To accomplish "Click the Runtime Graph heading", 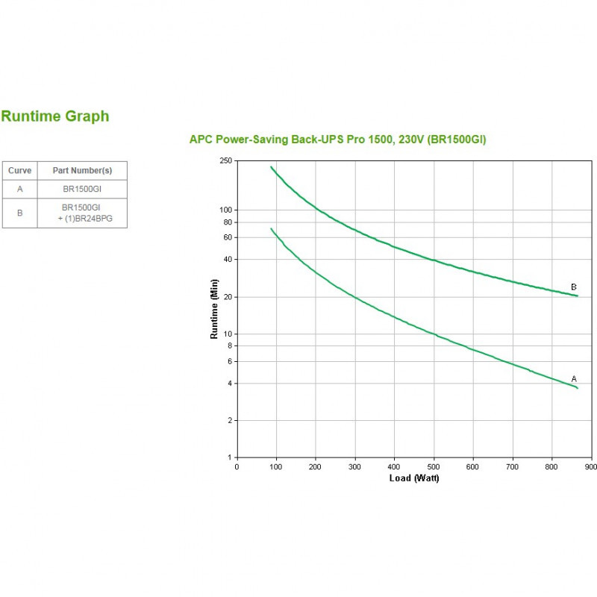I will coord(55,116).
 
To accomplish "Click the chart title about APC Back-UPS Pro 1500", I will coord(337,140).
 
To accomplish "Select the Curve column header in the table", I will coord(19,171).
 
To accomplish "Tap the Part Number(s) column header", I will coord(82,171).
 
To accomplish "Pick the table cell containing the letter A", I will coord(19,189).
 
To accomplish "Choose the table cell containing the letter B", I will coord(19,213).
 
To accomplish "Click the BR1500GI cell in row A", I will coord(81,189).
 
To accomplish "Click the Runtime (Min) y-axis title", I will coord(214,309).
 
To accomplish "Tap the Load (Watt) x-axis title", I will coord(414,478).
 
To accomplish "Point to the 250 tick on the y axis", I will coord(226,160).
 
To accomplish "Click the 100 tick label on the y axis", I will coord(226,210).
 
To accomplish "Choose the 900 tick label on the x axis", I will coord(590,466).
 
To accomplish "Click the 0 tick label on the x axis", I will coord(237,466).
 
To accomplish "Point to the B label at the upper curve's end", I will coord(573,287).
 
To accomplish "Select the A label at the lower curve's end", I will coord(573,378).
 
